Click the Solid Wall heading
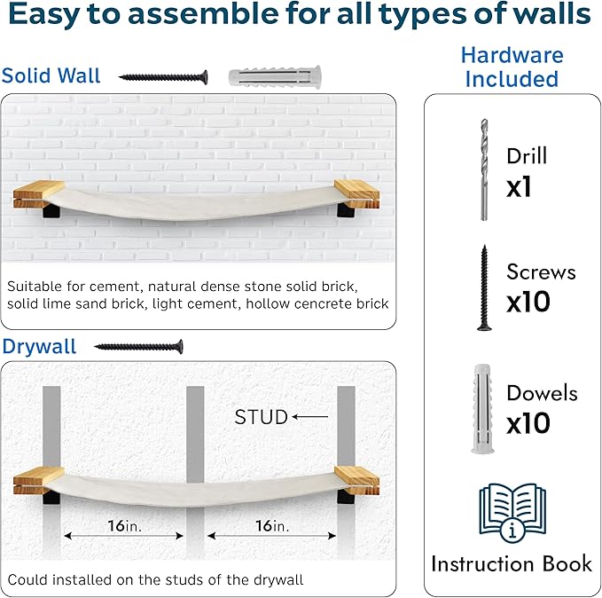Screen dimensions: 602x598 tap(51, 75)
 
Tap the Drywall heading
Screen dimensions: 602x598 tap(39, 347)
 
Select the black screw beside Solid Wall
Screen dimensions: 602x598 tap(163, 77)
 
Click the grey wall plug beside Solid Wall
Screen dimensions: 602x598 tap(275, 77)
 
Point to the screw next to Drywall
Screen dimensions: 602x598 tap(138, 347)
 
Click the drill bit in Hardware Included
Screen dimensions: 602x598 tap(484, 169)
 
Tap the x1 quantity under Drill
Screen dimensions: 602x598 tap(519, 187)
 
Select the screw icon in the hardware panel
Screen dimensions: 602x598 tap(484, 287)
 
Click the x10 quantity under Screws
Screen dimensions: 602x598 tap(528, 302)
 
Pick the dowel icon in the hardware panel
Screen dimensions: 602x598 tap(482, 408)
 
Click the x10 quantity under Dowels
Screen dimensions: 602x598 tap(528, 423)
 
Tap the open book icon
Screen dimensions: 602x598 tap(512, 512)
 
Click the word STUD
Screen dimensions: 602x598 tap(261, 417)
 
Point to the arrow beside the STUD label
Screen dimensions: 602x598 tap(310, 417)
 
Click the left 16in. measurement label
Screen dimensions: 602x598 tap(124, 526)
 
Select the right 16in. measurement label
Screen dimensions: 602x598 tap(272, 526)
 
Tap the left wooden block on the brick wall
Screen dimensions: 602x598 tap(39, 194)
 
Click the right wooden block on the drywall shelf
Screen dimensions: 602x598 tap(357, 480)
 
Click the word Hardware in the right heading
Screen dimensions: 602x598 tap(512, 55)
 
